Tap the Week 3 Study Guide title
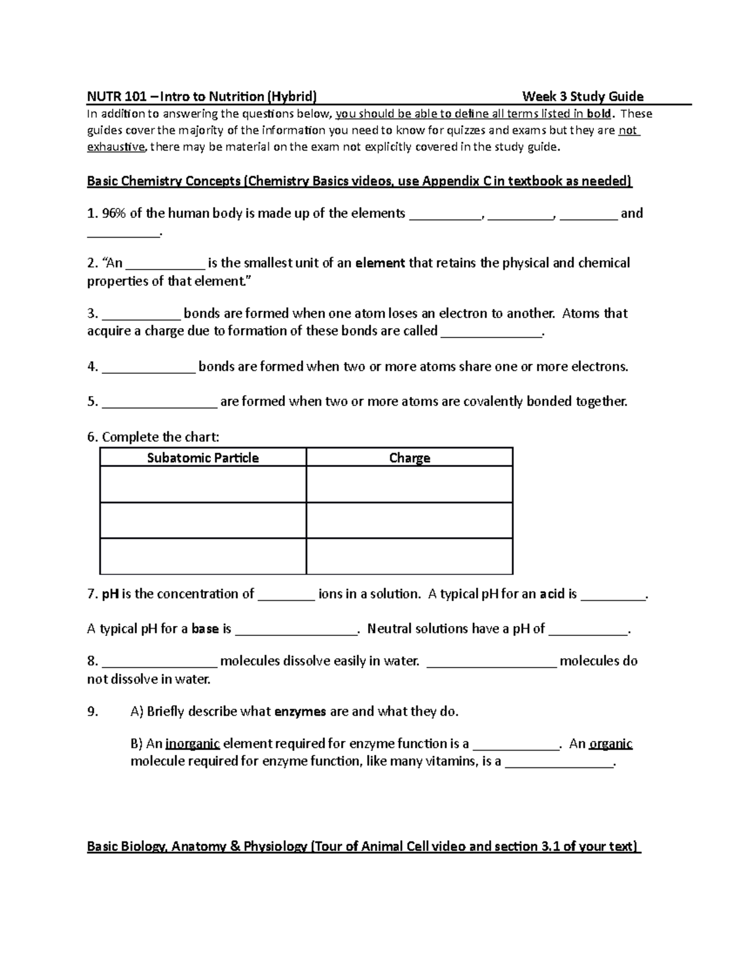coord(582,96)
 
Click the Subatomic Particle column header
coord(203,458)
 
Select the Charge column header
coord(409,458)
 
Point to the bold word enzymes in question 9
coord(300,712)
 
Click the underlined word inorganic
coord(192,744)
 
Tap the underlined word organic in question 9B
coord(610,744)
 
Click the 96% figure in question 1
coord(114,213)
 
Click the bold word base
coord(205,629)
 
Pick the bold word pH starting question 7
coord(110,594)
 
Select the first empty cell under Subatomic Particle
coord(203,484)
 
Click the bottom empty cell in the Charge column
coord(409,556)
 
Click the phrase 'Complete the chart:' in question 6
coord(160,437)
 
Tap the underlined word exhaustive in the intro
coord(117,147)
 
